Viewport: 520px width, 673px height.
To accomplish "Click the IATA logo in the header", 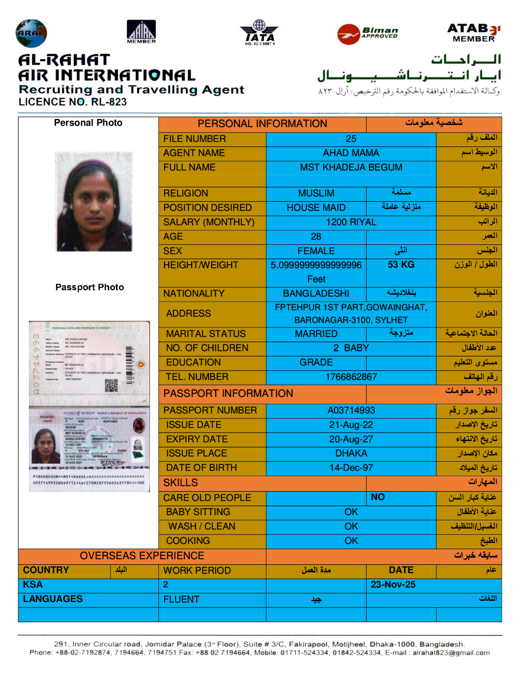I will click(259, 32).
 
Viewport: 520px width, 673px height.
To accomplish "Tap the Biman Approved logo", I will click(368, 34).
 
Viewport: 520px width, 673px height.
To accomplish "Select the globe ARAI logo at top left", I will click(31, 33).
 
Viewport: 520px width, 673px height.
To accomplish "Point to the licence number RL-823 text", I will click(73, 102).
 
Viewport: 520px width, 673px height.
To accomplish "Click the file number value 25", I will click(351, 139).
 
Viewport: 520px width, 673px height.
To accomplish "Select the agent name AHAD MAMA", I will click(351, 153).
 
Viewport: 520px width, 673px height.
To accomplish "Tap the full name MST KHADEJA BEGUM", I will click(351, 167).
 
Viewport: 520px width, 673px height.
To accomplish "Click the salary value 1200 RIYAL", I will click(351, 222).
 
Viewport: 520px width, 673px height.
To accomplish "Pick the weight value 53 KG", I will click(401, 265).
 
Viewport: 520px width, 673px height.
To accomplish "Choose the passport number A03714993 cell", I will click(351, 410).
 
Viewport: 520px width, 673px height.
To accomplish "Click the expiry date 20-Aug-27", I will click(351, 439).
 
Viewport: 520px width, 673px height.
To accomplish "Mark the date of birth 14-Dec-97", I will click(351, 468).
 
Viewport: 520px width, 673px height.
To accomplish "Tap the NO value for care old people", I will click(378, 497).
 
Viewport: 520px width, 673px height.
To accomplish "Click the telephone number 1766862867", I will click(351, 377).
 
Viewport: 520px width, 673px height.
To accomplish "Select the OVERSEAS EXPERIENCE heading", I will click(142, 556).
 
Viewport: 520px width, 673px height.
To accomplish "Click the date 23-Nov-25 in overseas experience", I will click(393, 585).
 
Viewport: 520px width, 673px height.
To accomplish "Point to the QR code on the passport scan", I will click(111, 385).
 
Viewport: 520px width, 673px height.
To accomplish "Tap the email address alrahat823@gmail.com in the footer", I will click(451, 653).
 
